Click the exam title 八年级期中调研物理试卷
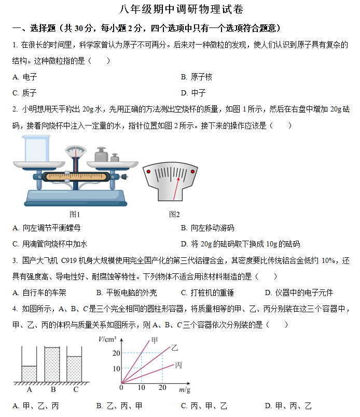(x=181, y=10)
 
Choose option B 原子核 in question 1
(x=197, y=77)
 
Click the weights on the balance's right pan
(x=106, y=155)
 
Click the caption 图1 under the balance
(x=75, y=214)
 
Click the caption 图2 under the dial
(x=174, y=214)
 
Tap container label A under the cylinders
(x=29, y=390)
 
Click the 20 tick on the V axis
(x=116, y=354)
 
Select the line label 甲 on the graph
(x=154, y=340)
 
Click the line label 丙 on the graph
(x=178, y=365)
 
